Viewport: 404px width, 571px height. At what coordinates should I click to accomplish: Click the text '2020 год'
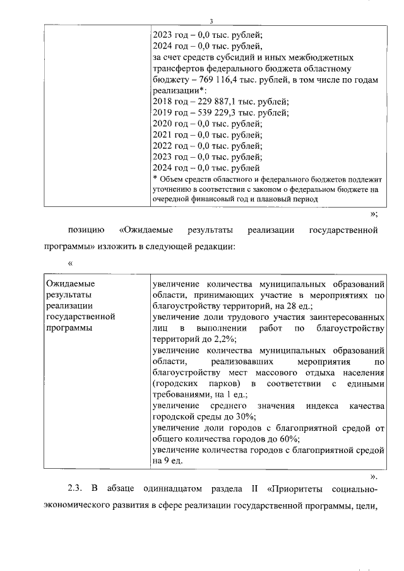click(x=170, y=124)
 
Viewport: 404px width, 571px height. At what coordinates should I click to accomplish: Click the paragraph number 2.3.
click(x=76, y=490)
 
